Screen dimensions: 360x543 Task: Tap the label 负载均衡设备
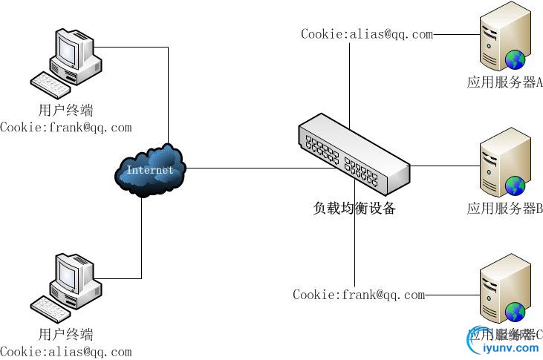[354, 209]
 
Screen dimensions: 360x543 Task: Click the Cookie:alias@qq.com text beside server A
[366, 33]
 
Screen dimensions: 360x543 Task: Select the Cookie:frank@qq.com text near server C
[359, 295]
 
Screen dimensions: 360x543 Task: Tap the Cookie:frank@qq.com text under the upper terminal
[65, 127]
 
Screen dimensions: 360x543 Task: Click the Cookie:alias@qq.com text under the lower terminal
[65, 351]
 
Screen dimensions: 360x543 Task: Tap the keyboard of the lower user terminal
[51, 307]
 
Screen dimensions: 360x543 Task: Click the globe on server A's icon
[515, 60]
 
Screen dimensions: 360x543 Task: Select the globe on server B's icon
[515, 186]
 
